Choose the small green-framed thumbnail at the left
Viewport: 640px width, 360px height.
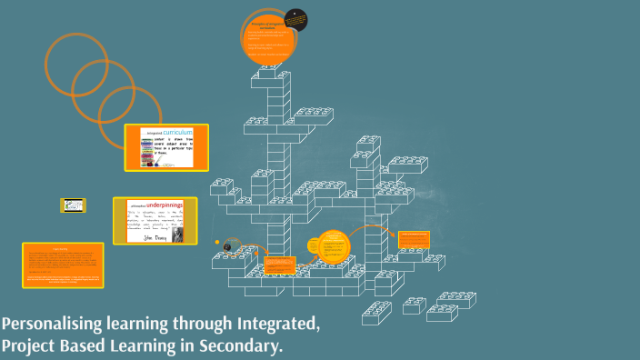74,206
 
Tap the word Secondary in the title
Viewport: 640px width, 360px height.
238,345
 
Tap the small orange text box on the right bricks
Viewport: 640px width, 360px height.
413,240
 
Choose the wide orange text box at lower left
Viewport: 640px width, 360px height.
63,265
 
